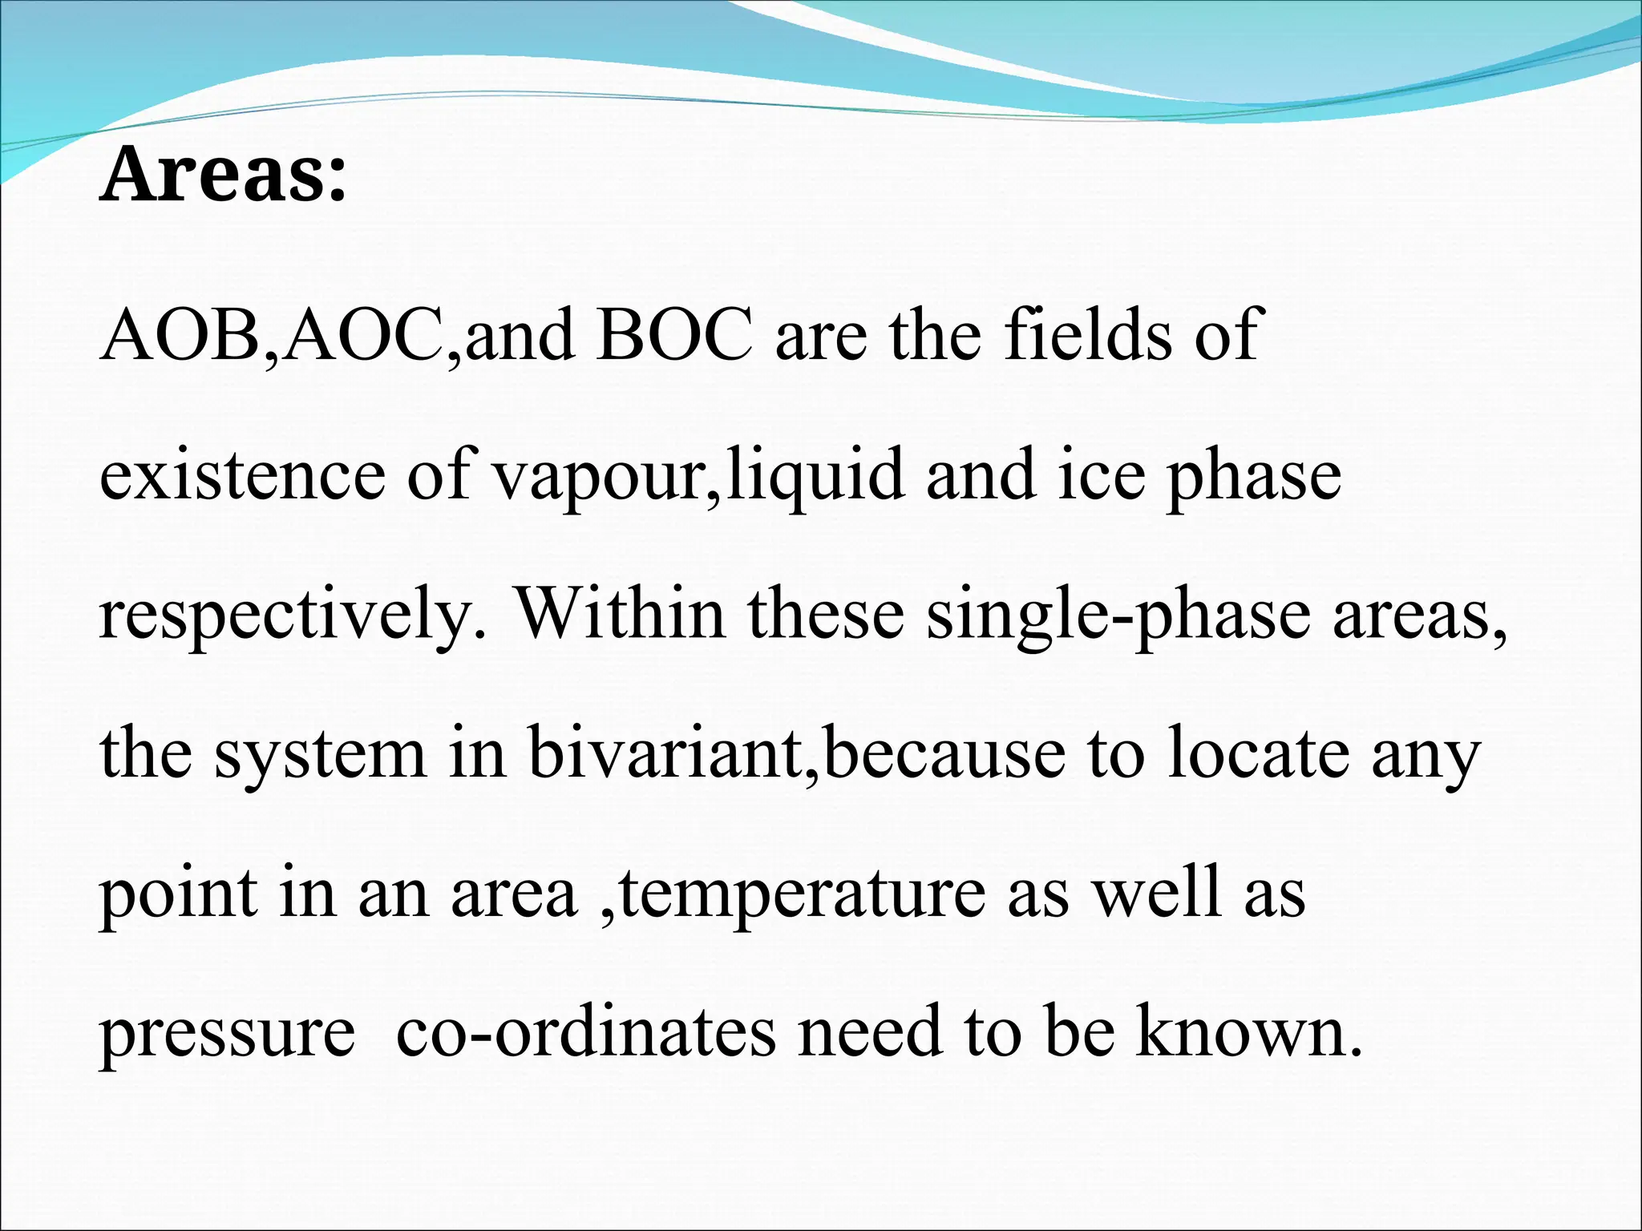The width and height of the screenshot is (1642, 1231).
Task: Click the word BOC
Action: [x=674, y=335]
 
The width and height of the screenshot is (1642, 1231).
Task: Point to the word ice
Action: [x=1099, y=475]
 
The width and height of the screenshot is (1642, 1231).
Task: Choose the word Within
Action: [x=620, y=614]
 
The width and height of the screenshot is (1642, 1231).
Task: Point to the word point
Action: [x=178, y=894]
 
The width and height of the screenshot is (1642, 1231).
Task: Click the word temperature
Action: [x=802, y=894]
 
